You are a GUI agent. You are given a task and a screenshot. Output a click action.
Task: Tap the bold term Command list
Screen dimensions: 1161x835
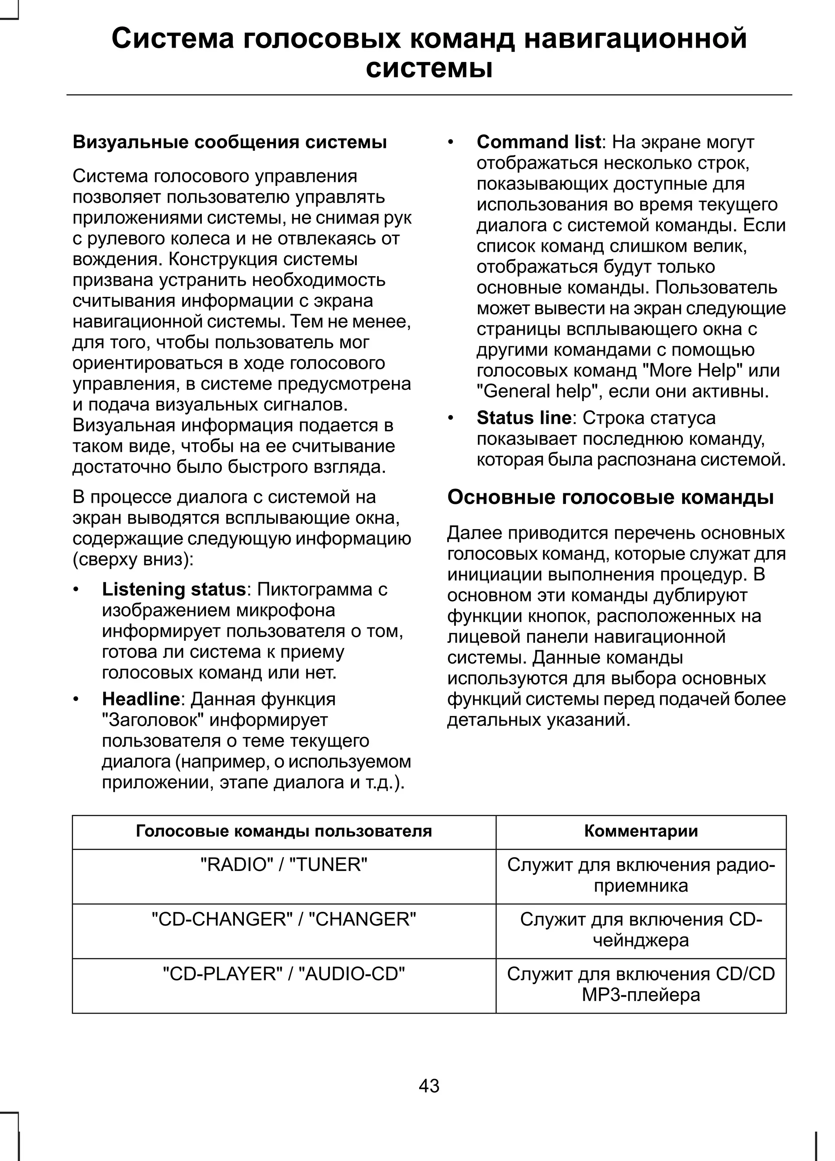point(538,142)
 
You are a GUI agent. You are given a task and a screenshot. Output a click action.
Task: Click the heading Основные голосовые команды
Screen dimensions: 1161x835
point(610,497)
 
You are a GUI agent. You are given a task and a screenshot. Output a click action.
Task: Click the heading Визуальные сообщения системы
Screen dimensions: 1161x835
point(230,142)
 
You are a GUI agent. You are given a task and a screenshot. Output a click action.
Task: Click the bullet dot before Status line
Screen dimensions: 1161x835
point(450,419)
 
